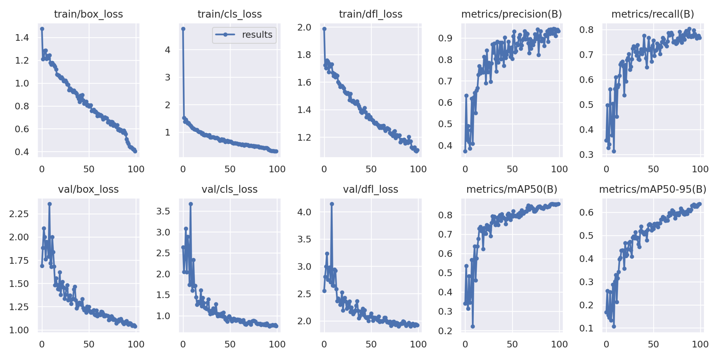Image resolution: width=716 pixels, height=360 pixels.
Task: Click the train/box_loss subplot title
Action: [x=88, y=14]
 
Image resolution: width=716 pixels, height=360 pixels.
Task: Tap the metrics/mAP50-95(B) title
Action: [x=653, y=189]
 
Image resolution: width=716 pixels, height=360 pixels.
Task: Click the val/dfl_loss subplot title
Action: [x=371, y=189]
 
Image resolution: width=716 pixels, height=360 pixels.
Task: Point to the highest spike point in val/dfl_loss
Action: [x=332, y=204]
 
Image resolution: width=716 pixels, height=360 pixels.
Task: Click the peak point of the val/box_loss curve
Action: [x=49, y=204]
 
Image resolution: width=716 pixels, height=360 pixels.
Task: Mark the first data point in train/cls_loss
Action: [x=183, y=29]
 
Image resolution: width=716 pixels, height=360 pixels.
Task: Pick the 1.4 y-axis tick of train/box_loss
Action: [x=22, y=37]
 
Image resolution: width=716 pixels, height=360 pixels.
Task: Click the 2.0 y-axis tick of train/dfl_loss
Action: [x=304, y=27]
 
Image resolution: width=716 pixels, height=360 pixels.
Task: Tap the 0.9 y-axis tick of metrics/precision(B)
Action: [x=445, y=38]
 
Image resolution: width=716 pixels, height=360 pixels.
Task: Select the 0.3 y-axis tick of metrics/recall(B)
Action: [x=586, y=155]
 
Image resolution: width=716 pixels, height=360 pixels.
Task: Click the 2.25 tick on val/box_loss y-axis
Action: [x=19, y=214]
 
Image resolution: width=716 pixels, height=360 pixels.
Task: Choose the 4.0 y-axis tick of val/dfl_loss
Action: [x=304, y=212]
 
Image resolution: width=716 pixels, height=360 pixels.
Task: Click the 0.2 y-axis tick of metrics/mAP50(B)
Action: [x=445, y=331]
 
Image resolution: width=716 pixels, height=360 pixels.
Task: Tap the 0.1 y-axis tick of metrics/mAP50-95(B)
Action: [x=586, y=328]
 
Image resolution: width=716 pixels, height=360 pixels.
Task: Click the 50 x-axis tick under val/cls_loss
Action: [x=230, y=344]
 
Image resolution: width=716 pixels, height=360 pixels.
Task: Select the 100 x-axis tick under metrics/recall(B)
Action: [x=700, y=169]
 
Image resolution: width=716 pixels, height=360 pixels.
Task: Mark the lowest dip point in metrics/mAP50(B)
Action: [x=472, y=326]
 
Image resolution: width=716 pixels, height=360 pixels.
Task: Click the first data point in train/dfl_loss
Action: [x=324, y=29]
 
